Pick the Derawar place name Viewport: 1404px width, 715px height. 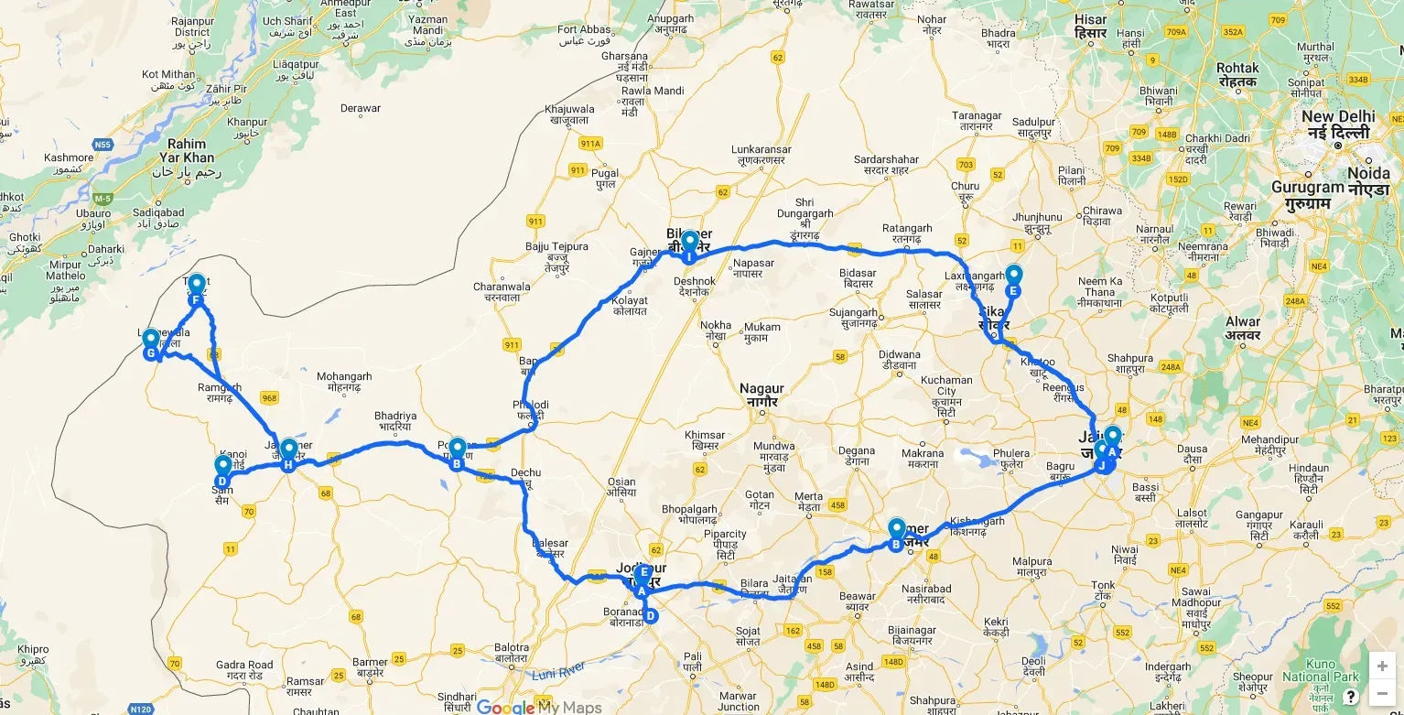tap(360, 108)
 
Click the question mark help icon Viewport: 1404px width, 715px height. tap(1350, 697)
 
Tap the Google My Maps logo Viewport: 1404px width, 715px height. tap(540, 707)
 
